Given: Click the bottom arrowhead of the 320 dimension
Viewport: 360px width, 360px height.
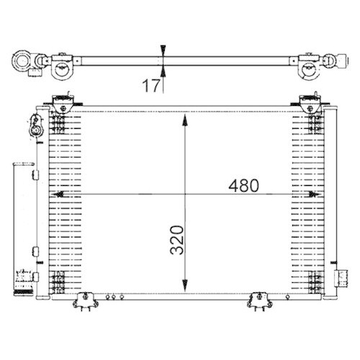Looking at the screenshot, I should (x=187, y=284).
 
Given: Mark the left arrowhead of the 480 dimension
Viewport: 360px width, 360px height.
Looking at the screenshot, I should (x=58, y=194).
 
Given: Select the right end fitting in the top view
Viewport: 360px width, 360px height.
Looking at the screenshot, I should (x=336, y=63).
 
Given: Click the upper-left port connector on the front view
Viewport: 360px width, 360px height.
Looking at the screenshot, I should (x=32, y=124).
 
